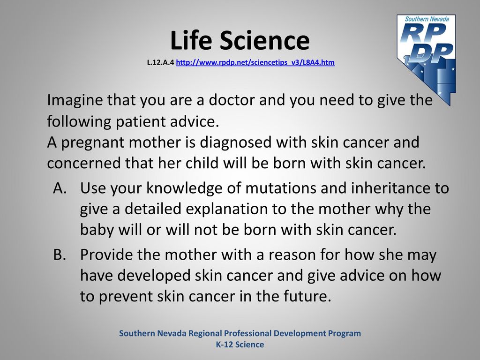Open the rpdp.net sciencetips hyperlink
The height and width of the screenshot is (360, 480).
click(255, 62)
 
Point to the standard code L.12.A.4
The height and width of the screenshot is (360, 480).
click(160, 62)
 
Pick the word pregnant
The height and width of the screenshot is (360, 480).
click(93, 143)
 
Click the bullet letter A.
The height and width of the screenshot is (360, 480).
click(60, 188)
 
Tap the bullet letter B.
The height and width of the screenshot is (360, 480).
click(60, 255)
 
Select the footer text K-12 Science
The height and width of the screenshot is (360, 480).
click(240, 345)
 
